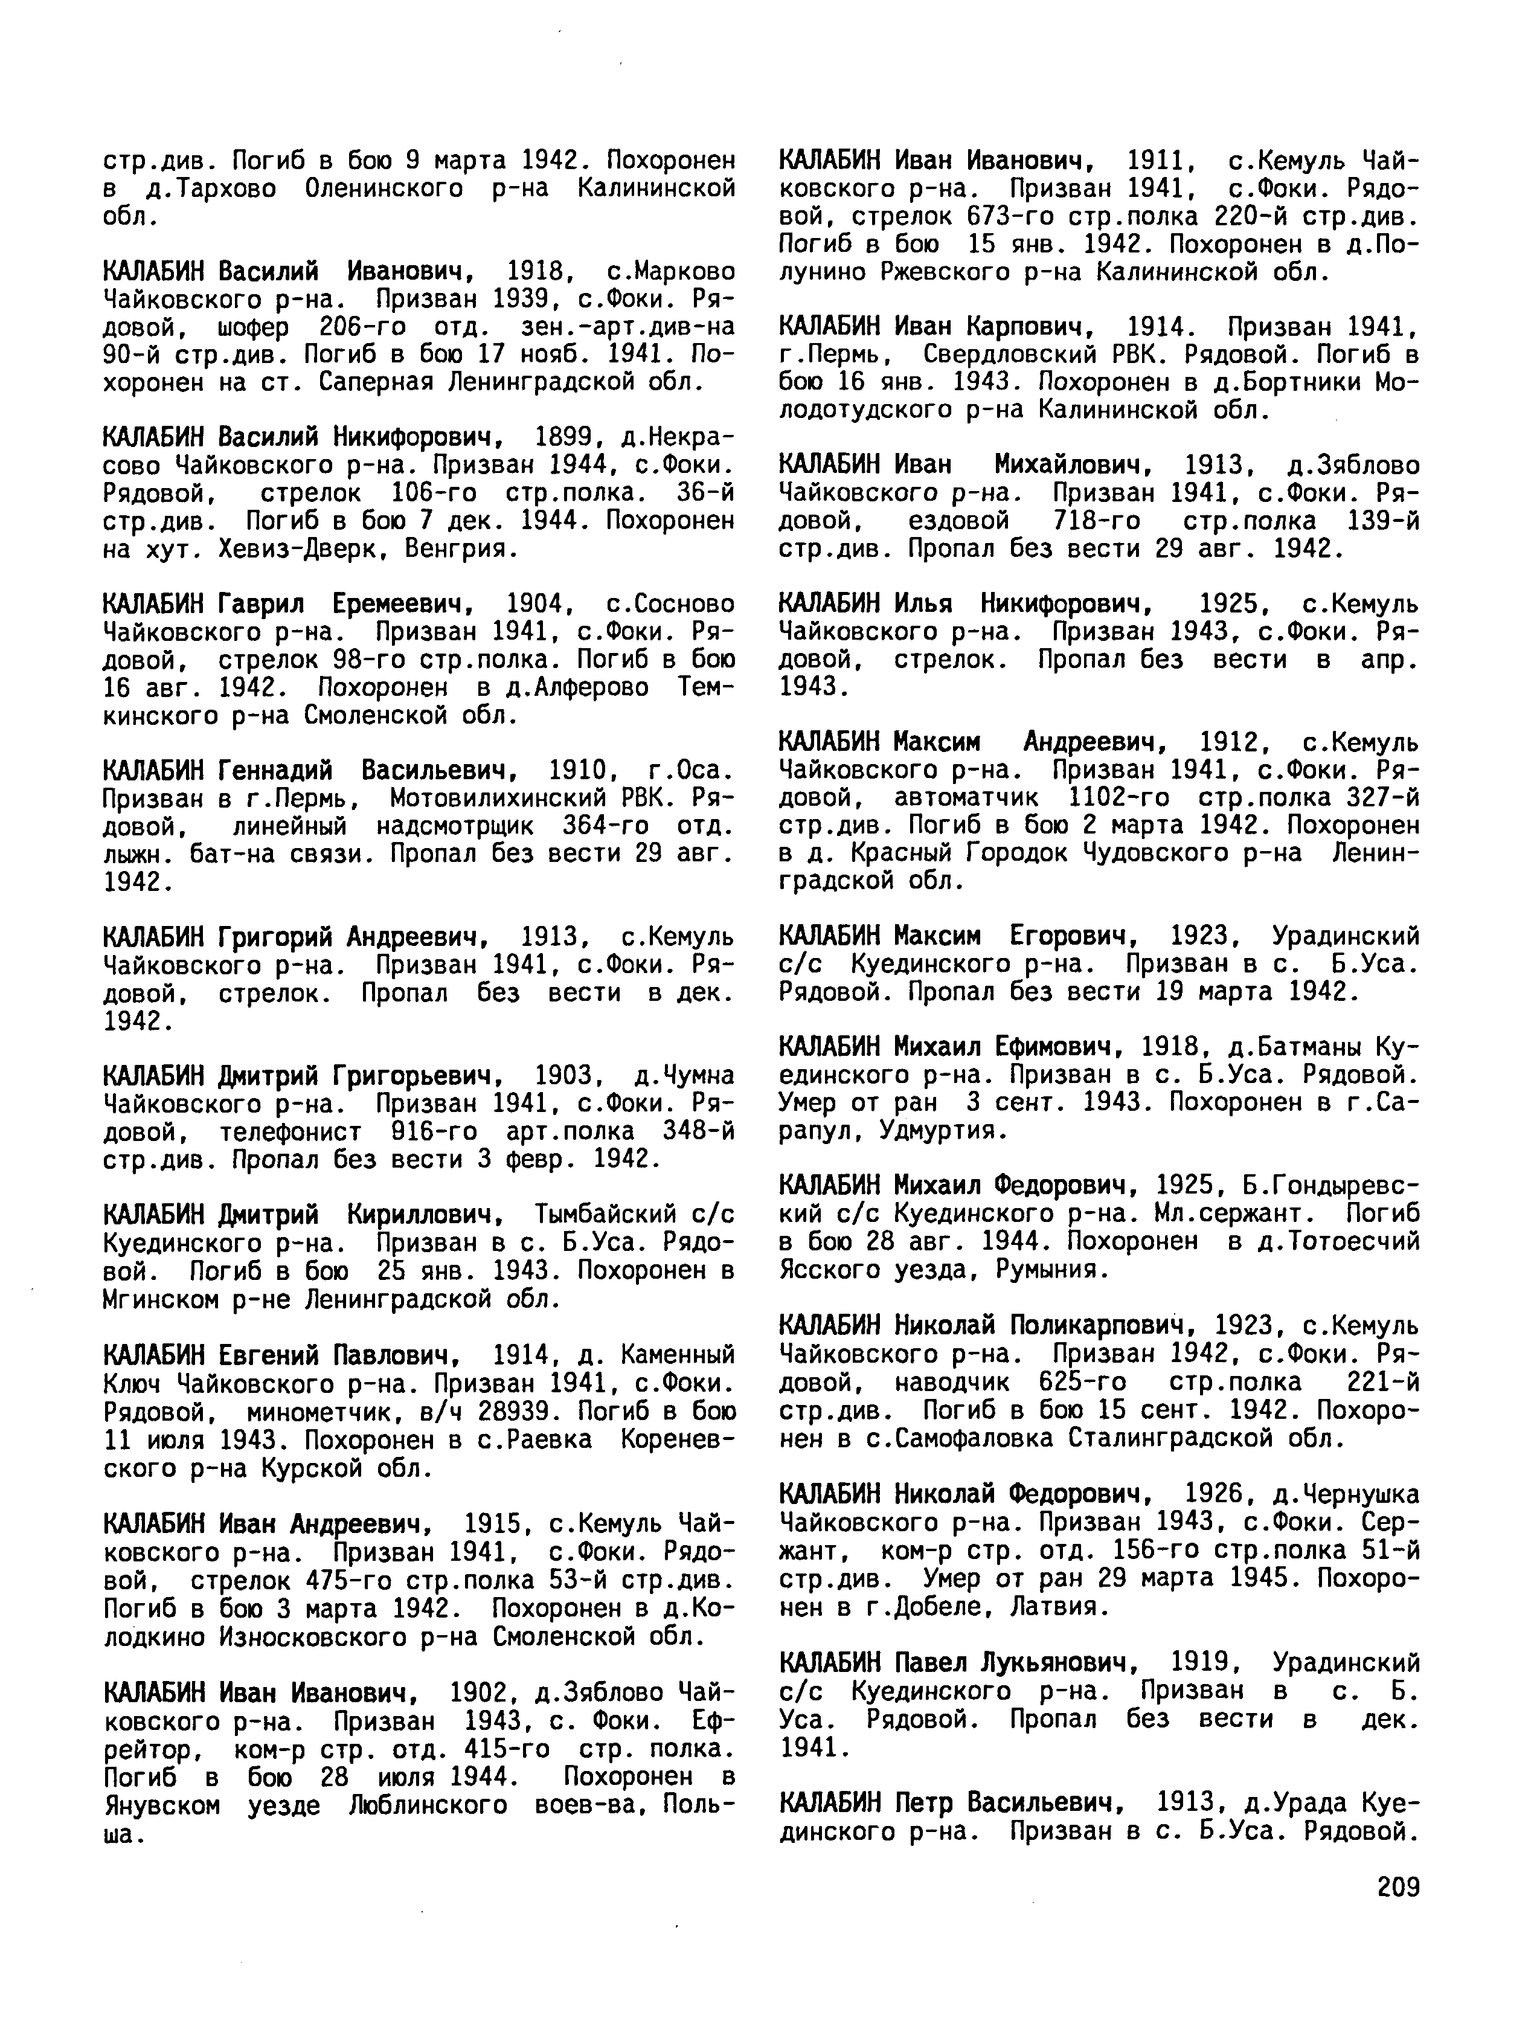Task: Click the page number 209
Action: pyautogui.click(x=1398, y=1888)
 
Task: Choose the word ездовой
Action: pyautogui.click(x=958, y=521)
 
